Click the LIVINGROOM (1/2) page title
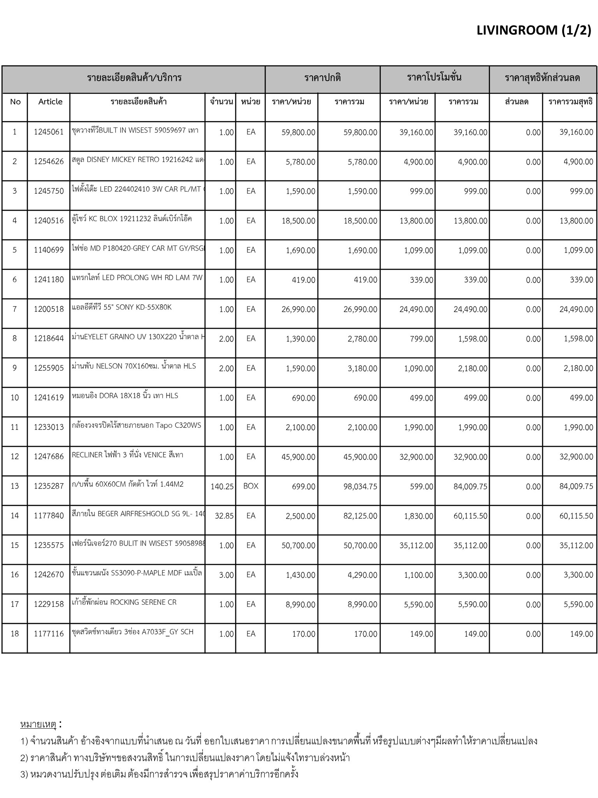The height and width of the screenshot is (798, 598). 534,30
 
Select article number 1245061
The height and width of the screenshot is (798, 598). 49,132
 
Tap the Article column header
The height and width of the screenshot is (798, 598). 50,102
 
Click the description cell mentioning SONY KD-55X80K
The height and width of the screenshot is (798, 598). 122,307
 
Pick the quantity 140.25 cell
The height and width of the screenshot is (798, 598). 222,486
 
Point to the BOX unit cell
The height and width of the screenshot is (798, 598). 251,486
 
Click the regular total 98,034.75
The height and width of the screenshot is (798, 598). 360,486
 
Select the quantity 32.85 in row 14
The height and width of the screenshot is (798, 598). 224,516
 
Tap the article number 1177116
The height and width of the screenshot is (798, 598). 49,634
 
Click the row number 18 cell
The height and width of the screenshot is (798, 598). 15,634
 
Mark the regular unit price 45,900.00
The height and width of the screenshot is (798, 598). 298,457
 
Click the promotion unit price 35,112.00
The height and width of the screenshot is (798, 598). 416,546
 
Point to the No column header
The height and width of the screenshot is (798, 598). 15,102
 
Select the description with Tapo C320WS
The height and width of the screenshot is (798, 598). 137,425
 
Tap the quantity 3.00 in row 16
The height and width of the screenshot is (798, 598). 226,575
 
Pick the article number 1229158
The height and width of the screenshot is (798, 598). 49,604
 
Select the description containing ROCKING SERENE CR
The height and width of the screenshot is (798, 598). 124,602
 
